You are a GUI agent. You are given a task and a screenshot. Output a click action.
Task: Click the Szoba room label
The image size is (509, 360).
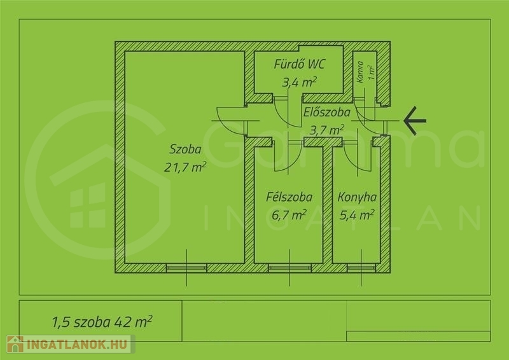(x=185, y=149)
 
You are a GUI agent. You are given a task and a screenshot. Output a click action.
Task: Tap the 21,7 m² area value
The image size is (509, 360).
(x=185, y=167)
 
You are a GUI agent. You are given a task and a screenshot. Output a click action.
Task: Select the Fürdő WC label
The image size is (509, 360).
(x=299, y=64)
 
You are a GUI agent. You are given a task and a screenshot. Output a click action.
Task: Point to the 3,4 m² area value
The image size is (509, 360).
(x=299, y=82)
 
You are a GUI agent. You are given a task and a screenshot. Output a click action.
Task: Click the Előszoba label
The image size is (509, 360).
(x=327, y=113)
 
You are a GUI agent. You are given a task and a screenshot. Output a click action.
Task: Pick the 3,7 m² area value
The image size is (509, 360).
(x=327, y=130)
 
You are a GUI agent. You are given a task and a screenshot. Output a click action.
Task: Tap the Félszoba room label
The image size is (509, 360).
(x=289, y=197)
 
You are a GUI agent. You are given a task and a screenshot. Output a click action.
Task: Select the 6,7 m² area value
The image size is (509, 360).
(x=289, y=215)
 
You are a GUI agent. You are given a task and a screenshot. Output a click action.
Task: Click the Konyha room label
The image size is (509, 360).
(x=357, y=197)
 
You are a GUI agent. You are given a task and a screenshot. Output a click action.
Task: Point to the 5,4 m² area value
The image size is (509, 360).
(x=357, y=214)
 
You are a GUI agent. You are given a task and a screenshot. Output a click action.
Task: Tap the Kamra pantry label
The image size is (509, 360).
(x=359, y=72)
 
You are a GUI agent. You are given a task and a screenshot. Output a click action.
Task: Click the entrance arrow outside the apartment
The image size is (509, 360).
(x=415, y=121)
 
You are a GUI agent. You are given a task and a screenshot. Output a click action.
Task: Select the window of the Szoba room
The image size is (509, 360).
(x=186, y=268)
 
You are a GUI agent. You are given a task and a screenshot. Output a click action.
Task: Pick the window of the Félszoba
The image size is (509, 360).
(x=289, y=268)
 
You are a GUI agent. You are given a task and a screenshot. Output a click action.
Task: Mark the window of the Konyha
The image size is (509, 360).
(x=361, y=268)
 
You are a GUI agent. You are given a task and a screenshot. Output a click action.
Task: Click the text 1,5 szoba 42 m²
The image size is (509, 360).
(x=102, y=322)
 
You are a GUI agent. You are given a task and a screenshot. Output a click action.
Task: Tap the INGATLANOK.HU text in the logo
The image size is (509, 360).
(x=78, y=345)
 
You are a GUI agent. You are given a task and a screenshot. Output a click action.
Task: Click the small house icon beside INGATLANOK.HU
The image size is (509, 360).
(x=15, y=345)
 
